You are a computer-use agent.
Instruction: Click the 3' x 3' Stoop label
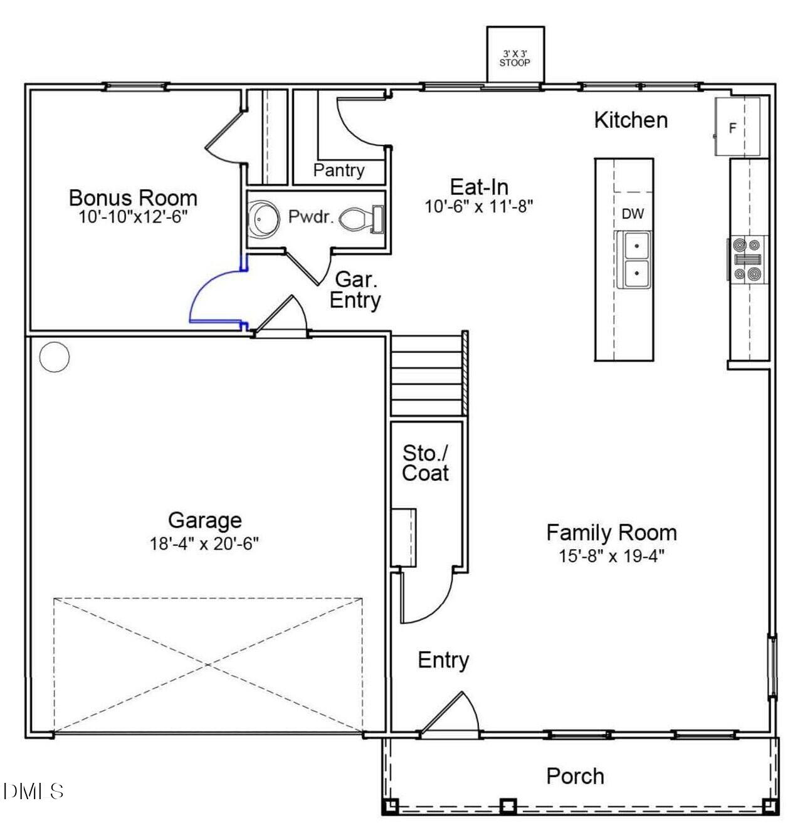pos(514,58)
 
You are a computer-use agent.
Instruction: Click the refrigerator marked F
pos(732,128)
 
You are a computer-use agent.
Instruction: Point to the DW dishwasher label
pos(633,214)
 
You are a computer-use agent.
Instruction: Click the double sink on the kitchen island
pos(634,259)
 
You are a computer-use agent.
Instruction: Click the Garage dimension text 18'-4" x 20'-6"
pos(204,543)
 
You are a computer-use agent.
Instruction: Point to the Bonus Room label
pos(133,197)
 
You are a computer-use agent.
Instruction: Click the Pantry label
pos(339,170)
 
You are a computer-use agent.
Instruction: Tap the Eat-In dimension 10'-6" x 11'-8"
pos(479,206)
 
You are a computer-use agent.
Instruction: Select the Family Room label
pos(611,533)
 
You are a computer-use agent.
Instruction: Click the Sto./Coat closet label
pos(426,463)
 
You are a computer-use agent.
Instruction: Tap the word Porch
pos(575,776)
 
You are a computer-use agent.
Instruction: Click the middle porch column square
pos(508,805)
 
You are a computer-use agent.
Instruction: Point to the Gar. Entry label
pos(355,290)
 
